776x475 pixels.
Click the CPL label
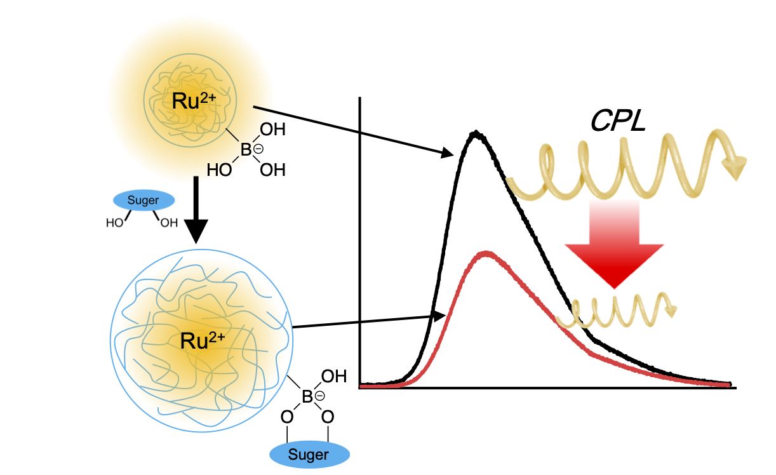click(x=618, y=120)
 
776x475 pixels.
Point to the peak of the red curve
click(x=486, y=253)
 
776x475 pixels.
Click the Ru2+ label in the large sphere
click(x=203, y=341)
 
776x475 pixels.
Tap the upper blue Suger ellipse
click(x=144, y=201)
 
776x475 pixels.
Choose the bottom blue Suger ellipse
click(x=309, y=455)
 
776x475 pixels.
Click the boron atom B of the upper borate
click(x=246, y=151)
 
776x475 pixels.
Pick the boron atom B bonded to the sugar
click(x=307, y=398)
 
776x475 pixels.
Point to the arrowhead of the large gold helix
click(x=736, y=168)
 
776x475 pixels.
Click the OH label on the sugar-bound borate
click(x=334, y=377)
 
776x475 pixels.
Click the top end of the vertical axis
click(x=360, y=98)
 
